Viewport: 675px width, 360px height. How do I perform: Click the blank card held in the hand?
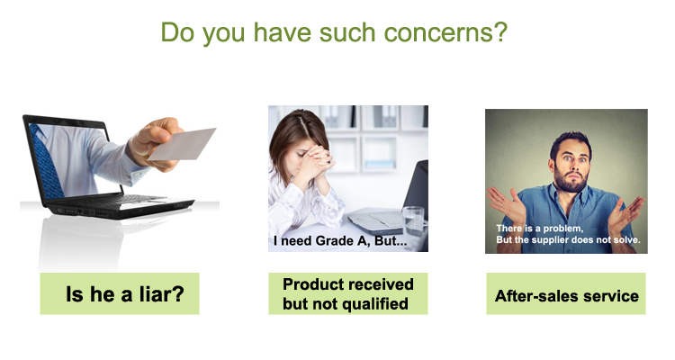point(182,144)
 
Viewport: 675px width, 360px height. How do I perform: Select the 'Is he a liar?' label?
point(120,293)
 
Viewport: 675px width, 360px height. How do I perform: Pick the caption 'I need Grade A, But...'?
point(340,240)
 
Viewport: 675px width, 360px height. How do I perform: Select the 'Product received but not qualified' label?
point(348,293)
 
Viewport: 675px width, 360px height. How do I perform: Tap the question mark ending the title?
point(501,32)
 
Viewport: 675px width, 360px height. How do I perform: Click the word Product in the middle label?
point(311,284)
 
